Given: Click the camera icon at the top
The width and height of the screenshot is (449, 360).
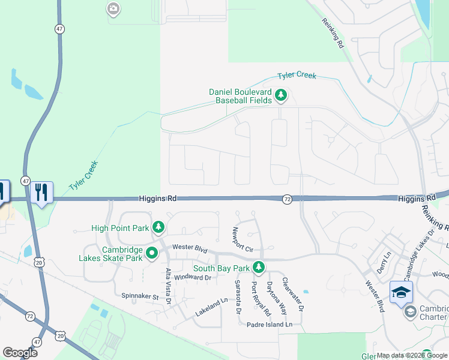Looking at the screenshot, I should (113, 9).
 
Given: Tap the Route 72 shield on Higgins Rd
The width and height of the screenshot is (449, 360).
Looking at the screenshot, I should (288, 199).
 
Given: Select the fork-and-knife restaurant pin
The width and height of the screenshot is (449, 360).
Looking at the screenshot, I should (41, 193).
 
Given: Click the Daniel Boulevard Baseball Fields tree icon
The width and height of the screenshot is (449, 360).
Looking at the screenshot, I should (280, 95).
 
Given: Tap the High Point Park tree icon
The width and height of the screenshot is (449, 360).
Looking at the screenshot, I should (158, 227).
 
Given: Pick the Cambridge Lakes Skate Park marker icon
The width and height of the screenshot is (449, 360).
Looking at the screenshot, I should (152, 253).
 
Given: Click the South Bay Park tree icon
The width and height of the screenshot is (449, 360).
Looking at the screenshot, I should (259, 267).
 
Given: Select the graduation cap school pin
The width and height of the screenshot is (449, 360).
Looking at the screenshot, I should (401, 292).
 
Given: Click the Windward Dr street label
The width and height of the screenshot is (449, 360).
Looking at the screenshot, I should (193, 277).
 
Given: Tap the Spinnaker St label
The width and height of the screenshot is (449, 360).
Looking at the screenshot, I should (141, 296).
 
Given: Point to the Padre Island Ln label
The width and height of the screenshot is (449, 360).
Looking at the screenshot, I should (270, 325).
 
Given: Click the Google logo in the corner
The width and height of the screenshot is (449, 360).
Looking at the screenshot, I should (20, 353).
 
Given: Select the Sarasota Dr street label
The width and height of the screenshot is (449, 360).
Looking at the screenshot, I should (238, 297).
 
